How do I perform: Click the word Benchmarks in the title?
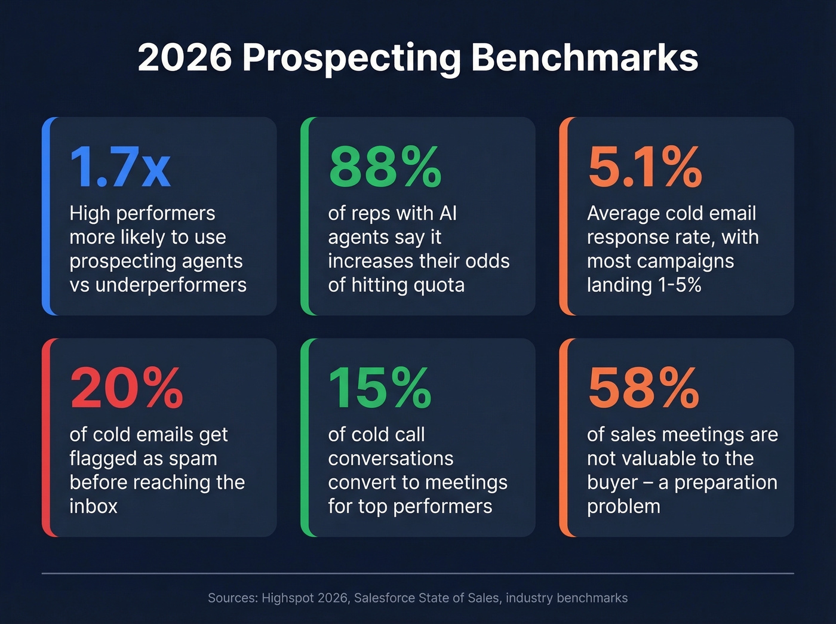(584, 58)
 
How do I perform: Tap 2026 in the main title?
(185, 58)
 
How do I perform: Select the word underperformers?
(171, 285)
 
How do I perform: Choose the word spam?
(192, 459)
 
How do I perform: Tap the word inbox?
(93, 506)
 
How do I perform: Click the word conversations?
(391, 459)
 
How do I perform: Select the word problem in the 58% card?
(623, 506)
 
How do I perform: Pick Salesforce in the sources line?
(386, 598)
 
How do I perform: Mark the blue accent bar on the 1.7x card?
(46, 216)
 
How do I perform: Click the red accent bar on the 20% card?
(46, 437)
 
